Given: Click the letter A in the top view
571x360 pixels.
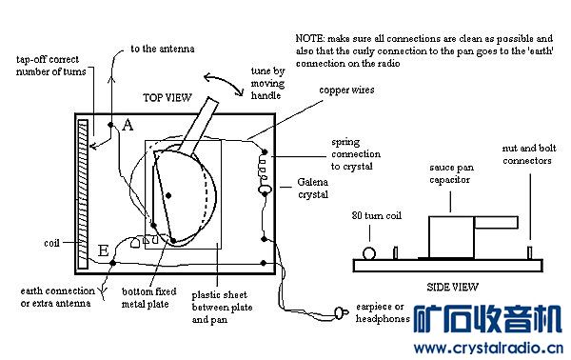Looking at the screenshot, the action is (x=128, y=125).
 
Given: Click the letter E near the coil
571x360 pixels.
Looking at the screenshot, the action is (x=104, y=250).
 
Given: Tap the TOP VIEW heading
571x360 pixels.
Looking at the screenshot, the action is (x=167, y=98).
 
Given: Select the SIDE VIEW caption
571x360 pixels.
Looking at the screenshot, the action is (x=452, y=287).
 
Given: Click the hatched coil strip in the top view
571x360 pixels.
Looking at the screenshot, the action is (x=83, y=194).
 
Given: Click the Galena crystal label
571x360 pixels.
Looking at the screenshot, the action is (x=313, y=188).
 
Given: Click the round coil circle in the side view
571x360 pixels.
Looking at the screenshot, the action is (x=369, y=253).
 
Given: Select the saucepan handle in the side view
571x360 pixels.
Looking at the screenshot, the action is (x=496, y=223).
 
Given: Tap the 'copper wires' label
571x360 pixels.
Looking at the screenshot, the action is (x=346, y=90).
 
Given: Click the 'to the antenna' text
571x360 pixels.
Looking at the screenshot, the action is (x=163, y=49).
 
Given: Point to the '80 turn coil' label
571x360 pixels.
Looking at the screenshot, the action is (x=377, y=215).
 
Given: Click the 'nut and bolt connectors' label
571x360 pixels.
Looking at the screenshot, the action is (x=529, y=154).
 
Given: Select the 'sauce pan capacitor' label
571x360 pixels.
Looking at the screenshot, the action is (x=451, y=173).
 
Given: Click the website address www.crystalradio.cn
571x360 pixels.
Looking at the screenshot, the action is (x=488, y=348).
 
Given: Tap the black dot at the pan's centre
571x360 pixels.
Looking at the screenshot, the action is (x=168, y=195).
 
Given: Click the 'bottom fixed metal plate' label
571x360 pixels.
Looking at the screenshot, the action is (x=149, y=298).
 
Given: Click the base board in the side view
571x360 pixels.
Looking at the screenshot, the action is (x=448, y=266).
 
